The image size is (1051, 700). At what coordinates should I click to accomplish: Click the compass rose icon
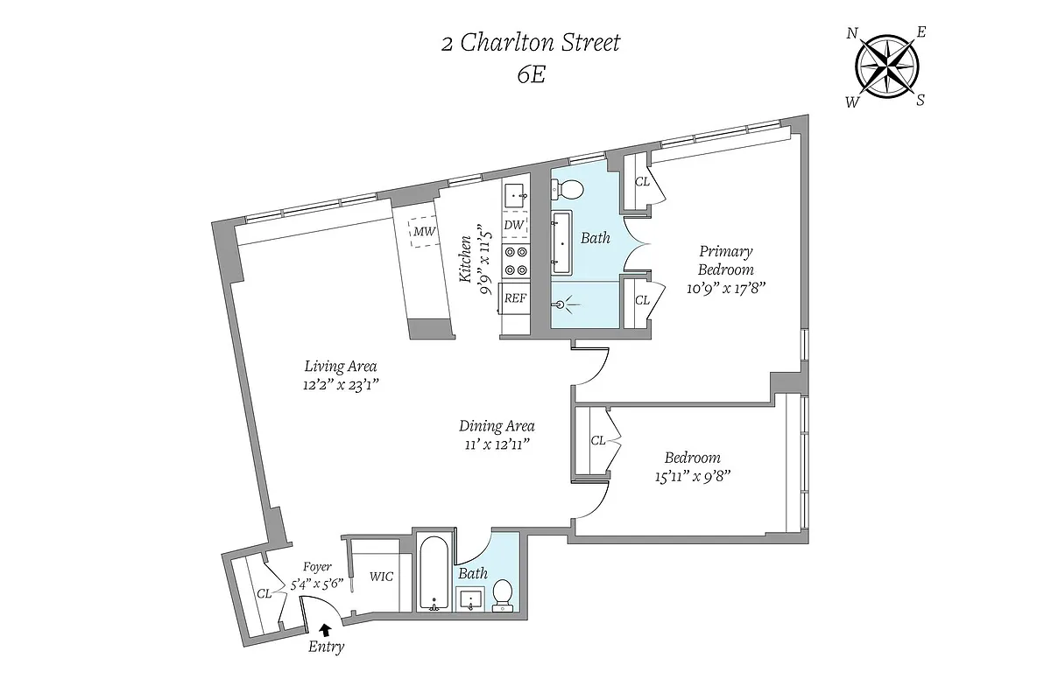coord(887,66)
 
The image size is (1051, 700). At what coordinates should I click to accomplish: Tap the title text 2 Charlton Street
coord(530,43)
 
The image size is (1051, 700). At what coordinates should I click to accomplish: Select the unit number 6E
coord(530,74)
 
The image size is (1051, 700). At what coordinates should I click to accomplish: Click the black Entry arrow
coord(327,628)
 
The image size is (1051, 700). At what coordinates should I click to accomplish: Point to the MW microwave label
coord(425,232)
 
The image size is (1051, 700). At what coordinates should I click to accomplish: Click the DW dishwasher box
coord(514,226)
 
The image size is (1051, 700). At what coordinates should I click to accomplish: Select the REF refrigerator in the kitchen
coord(515,298)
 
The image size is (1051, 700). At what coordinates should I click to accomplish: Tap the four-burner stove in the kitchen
coord(515,260)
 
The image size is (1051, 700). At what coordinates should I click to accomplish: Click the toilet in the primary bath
coord(570,189)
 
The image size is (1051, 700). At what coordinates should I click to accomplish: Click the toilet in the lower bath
coord(503,594)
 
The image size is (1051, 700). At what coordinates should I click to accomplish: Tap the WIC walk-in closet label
coord(381,577)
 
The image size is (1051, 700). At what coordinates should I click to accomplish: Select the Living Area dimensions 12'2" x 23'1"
coord(341,383)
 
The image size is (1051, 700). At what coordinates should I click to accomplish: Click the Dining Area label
coord(497,427)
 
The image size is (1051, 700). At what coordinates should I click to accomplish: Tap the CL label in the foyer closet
coord(264,593)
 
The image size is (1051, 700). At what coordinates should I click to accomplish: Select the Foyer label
coord(316,567)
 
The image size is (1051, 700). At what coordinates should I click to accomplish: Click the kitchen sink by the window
coord(514,194)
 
